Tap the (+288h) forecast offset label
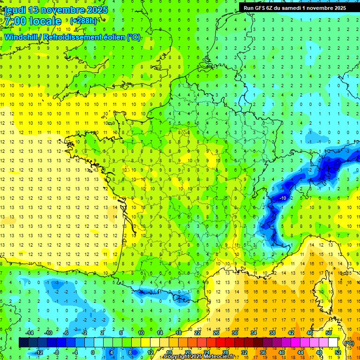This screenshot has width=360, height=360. click(x=83, y=21)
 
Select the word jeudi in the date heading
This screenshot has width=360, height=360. click(x=15, y=10)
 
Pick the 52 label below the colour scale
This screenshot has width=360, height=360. click(x=337, y=352)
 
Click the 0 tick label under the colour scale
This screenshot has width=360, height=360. click(x=92, y=352)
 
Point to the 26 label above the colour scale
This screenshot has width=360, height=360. click(x=216, y=333)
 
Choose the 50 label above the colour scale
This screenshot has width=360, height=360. click(x=328, y=333)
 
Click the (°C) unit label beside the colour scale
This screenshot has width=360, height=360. click(x=349, y=343)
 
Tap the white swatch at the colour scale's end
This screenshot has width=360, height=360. click(x=333, y=343)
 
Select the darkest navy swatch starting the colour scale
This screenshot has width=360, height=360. click(x=23, y=343)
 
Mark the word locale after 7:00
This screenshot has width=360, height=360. click(x=45, y=21)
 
